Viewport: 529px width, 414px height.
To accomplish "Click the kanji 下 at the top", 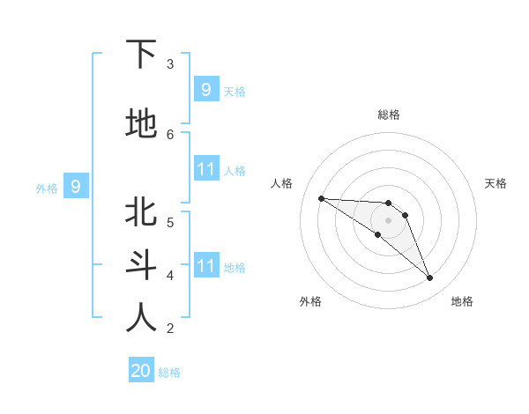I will pos(141,55).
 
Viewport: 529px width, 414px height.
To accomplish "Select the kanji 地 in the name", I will pos(141,124).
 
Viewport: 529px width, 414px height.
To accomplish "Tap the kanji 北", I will pos(141,212).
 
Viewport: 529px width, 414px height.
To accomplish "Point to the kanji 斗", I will pos(141,265).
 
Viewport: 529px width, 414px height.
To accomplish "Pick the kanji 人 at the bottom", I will pos(141,318).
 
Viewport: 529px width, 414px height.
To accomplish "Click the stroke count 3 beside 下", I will pos(170,63).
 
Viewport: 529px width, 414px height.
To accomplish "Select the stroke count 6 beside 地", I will pos(170,134).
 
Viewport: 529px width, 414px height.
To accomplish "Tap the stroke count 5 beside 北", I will pos(170,222).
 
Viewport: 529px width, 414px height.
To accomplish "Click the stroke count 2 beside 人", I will pos(170,328).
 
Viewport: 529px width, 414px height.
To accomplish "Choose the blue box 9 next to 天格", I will pos(205,90).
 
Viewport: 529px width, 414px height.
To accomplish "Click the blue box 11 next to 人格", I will pos(205,169).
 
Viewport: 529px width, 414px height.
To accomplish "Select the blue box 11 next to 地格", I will pos(205,266).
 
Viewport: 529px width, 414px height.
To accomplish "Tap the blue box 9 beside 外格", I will pos(76,187).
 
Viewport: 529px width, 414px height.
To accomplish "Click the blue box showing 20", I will pos(141,371).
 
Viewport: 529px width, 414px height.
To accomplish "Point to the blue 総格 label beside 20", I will pos(169,373).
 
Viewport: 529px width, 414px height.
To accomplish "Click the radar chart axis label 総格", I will pos(389,115).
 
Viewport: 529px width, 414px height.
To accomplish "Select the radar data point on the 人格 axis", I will pos(321,198).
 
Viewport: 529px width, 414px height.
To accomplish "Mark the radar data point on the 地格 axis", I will pos(429,277).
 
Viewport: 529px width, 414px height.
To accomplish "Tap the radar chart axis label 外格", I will pos(310,301).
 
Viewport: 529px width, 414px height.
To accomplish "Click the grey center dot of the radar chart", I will pos(389,220).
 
